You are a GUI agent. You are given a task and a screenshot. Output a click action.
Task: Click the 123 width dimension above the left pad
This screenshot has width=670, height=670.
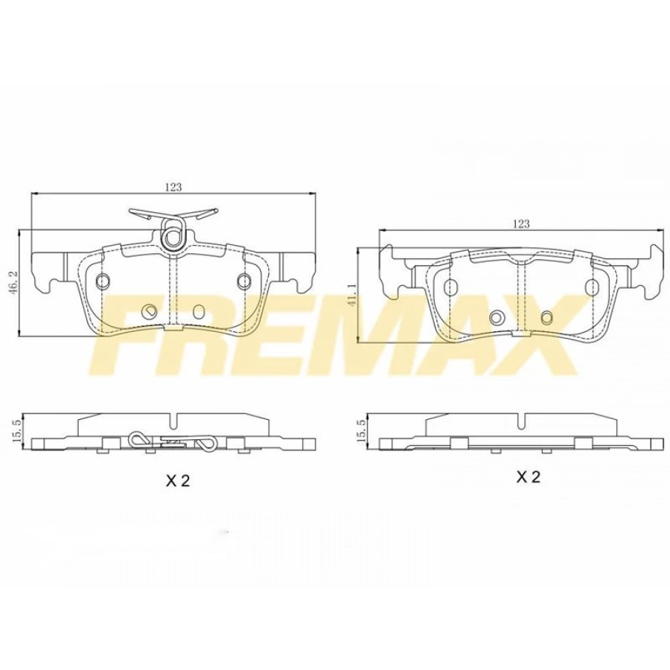173,188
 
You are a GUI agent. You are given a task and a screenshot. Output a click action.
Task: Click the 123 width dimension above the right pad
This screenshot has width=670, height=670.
521,223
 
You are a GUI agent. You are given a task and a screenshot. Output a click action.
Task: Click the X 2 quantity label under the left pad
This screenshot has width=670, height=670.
179,481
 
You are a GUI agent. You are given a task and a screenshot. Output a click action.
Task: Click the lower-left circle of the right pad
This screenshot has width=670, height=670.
497,317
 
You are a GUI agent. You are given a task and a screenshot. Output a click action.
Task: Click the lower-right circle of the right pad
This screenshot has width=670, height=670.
547,317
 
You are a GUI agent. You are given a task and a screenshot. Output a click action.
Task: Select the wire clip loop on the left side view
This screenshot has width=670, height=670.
138,439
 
